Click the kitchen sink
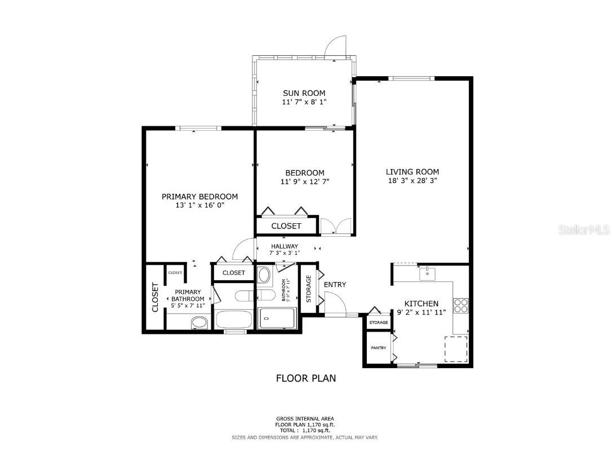[x=427, y=274]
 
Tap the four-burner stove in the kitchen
[x=460, y=305]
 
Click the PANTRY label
[x=378, y=348]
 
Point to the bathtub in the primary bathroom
[x=233, y=320]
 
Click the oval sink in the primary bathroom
[x=198, y=323]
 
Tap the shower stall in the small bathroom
[x=277, y=319]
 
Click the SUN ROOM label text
[x=304, y=93]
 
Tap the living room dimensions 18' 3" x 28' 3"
[x=412, y=181]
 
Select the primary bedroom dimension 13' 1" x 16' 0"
[x=199, y=206]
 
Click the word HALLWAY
[x=285, y=246]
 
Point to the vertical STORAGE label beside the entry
[x=308, y=289]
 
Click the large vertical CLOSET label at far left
[x=155, y=297]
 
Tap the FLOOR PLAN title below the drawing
[x=305, y=378]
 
